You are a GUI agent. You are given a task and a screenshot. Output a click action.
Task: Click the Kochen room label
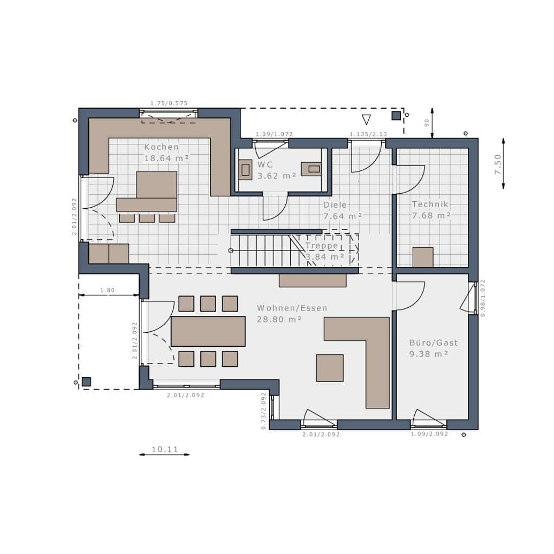coord(161,147)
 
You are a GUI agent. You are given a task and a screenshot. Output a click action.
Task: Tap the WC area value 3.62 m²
coord(277,176)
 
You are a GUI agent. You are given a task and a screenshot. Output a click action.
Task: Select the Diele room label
coord(335,205)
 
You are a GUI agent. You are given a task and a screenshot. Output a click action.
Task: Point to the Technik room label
coord(430,204)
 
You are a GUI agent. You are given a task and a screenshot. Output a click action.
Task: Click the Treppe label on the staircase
coord(322,246)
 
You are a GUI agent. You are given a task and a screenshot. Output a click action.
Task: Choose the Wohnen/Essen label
coord(292,308)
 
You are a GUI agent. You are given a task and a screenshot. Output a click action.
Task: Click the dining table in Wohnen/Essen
coord(208,331)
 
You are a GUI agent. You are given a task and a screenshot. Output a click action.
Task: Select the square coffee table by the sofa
coord(330,368)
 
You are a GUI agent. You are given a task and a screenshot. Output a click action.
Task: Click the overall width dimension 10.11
coord(165,450)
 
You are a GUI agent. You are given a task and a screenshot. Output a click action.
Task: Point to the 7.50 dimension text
coord(498,164)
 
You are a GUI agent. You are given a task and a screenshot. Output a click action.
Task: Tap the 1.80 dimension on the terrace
coord(108,291)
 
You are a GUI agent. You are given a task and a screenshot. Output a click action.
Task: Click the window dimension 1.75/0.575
coord(169,103)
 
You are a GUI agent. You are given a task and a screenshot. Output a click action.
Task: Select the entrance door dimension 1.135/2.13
coord(368,134)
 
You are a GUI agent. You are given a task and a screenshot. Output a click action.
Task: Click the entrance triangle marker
coord(367,120)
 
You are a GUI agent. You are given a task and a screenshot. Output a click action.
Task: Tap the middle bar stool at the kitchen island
coord(147,218)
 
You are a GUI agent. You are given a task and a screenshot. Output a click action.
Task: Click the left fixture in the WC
coord(245,169)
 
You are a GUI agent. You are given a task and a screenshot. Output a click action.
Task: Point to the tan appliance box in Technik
coord(423,257)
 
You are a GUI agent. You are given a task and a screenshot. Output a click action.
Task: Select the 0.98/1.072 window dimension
coord(483,298)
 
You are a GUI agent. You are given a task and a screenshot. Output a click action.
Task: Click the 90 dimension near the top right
coord(427,123)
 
